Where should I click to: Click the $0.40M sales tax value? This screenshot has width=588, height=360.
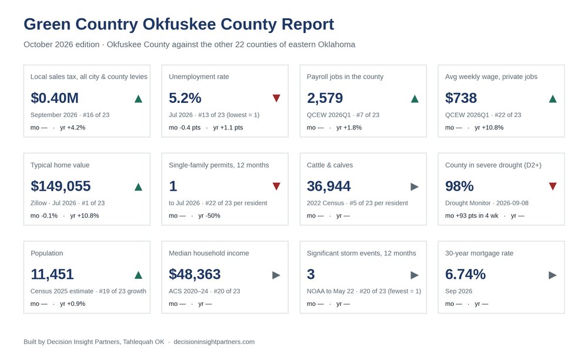[54, 98]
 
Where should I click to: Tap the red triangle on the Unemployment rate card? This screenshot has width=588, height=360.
[276, 98]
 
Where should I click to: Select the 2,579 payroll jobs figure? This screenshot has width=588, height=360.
[325, 98]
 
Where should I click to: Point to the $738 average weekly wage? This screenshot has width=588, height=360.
[461, 98]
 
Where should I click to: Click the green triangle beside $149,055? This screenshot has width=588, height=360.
[138, 186]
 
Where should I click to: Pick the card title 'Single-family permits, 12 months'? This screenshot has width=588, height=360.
[219, 165]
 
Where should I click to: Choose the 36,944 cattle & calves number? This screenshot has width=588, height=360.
[329, 186]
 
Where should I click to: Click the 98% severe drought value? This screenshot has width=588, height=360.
[459, 186]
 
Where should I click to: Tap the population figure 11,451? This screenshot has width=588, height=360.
[52, 274]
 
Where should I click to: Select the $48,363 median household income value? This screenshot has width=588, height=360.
[195, 274]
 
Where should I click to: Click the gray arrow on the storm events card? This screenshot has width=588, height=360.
[415, 275]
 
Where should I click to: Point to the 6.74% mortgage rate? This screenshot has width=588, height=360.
[465, 274]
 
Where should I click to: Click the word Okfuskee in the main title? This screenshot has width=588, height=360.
[179, 24]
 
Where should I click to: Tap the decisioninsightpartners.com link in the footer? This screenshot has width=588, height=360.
[214, 342]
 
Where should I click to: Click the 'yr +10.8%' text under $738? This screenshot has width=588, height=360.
[489, 128]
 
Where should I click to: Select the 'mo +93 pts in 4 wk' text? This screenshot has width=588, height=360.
[472, 216]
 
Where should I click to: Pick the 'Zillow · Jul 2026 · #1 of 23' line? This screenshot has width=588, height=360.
[68, 203]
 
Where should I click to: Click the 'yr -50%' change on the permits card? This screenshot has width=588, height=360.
[209, 216]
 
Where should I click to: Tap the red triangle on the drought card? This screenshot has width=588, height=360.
[553, 186]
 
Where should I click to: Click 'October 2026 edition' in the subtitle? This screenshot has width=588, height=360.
[62, 44]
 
